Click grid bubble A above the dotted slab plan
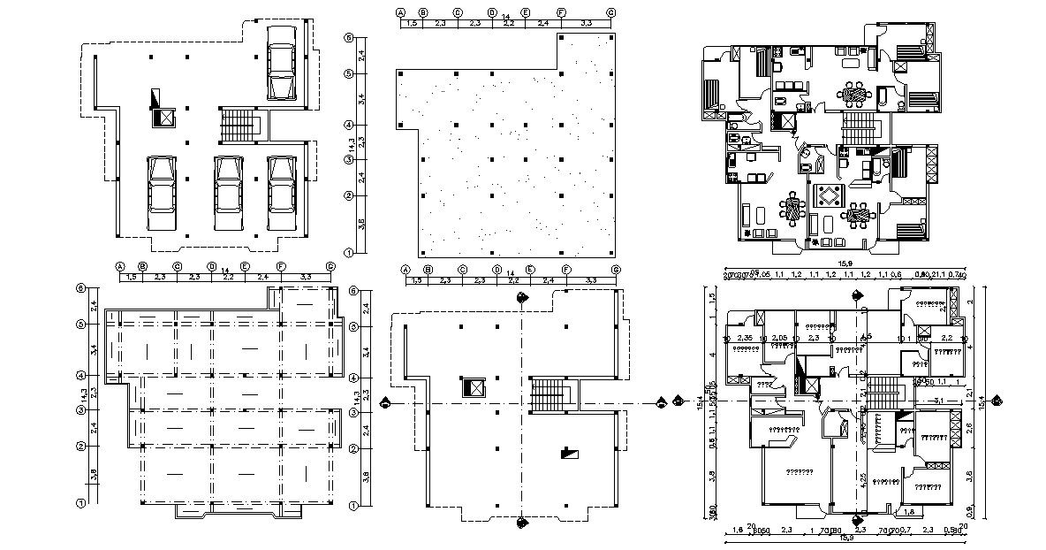[x=400, y=13]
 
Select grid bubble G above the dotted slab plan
[x=611, y=13]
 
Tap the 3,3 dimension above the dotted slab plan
[x=586, y=24]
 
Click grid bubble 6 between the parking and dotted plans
[x=350, y=39]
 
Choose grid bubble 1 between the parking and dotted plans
[x=350, y=253]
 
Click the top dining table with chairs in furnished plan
[x=854, y=91]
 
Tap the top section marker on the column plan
[x=522, y=297]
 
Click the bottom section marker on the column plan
[x=522, y=522]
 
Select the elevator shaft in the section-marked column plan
[x=473, y=388]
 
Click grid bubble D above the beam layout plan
[x=212, y=266]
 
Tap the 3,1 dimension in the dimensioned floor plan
[x=938, y=401]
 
